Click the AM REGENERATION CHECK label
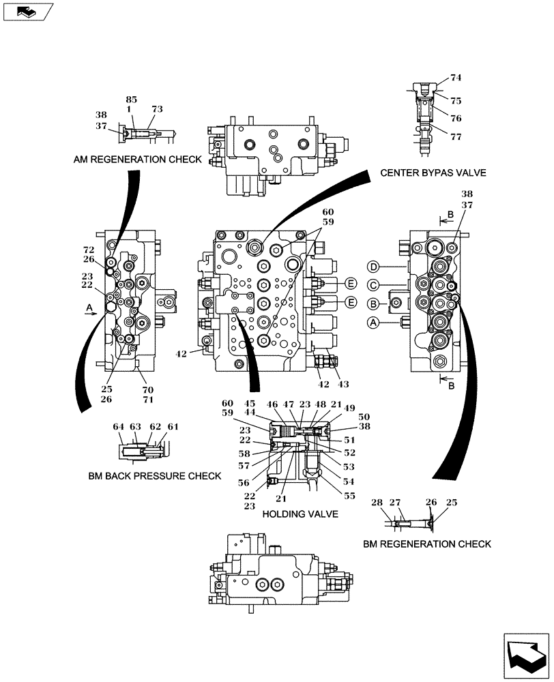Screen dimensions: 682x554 pyautogui.click(x=137, y=160)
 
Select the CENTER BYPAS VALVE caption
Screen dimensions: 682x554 pyautogui.click(x=433, y=173)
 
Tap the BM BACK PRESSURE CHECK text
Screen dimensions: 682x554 pyautogui.click(x=154, y=475)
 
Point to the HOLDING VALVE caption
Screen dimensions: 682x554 pyautogui.click(x=300, y=514)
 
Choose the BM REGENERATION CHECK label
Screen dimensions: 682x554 pyautogui.click(x=427, y=544)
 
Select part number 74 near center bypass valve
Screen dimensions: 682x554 pyautogui.click(x=456, y=78)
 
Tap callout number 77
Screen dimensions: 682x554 pyautogui.click(x=456, y=136)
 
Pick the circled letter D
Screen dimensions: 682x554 pyautogui.click(x=373, y=266)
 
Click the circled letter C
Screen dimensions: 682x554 pyautogui.click(x=373, y=284)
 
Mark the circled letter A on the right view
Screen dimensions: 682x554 pyautogui.click(x=373, y=321)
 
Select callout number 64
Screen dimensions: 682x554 pyautogui.click(x=119, y=428)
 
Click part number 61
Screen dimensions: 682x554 pyautogui.click(x=173, y=428)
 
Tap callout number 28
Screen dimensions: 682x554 pyautogui.click(x=377, y=503)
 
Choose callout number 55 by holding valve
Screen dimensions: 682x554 pyautogui.click(x=349, y=496)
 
